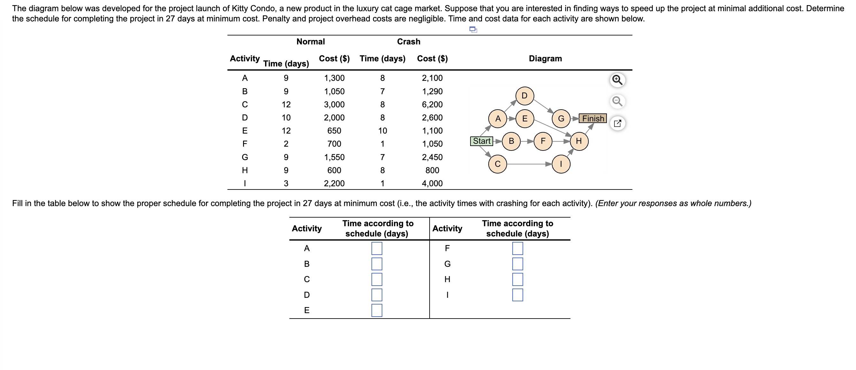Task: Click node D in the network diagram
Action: point(524,96)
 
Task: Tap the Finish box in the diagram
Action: point(593,118)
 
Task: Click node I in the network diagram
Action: point(561,164)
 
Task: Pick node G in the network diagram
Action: point(561,118)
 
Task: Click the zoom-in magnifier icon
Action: point(617,80)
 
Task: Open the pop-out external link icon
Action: point(617,123)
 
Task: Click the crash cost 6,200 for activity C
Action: point(432,104)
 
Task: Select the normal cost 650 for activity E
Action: point(334,131)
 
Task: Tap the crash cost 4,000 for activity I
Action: point(432,183)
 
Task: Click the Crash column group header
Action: point(409,42)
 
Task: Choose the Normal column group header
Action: point(310,42)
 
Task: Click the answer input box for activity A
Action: point(377,248)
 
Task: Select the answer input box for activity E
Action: point(377,310)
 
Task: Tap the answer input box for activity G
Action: point(517,264)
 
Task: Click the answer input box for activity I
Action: point(517,295)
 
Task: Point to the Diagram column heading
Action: point(545,58)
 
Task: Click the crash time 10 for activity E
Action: point(382,131)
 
